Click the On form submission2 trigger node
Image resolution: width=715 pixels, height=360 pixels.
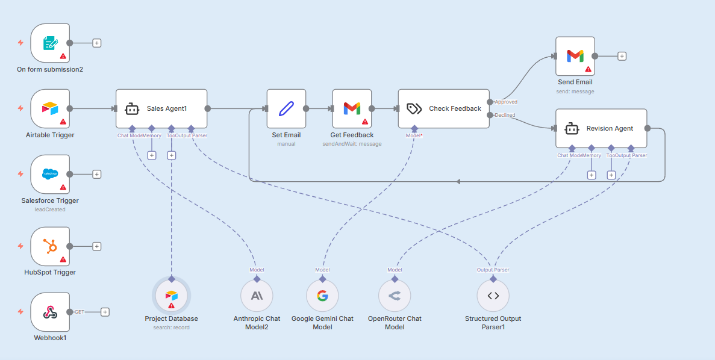coord(50,43)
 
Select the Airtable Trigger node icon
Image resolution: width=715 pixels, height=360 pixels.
coord(50,108)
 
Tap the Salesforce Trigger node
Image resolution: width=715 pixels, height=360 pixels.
coord(50,174)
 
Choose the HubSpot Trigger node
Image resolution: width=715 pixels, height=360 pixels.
coord(50,246)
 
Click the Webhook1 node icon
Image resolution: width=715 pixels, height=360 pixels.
coord(50,312)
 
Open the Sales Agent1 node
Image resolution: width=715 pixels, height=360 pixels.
coord(161,108)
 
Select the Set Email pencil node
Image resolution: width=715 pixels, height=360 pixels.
coord(286,108)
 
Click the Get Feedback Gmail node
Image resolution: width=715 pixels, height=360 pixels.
coord(352,108)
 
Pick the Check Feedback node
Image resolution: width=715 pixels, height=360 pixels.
coord(443,108)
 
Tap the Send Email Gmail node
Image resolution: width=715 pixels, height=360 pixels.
coord(575,56)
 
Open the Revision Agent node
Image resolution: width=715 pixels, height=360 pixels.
coord(601,128)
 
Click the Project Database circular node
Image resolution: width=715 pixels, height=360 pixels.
coord(172,296)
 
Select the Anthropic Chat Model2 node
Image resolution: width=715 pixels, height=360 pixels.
coord(257,296)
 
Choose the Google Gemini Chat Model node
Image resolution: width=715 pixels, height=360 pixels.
coord(322,296)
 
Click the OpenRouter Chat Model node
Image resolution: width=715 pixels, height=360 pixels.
coord(395,296)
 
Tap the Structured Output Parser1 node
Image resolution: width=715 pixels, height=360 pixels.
coord(493,296)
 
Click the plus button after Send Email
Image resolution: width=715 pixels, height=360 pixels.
coord(622,56)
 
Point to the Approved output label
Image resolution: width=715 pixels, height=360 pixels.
coord(506,102)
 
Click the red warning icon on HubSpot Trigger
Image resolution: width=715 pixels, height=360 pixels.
coord(63,259)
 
